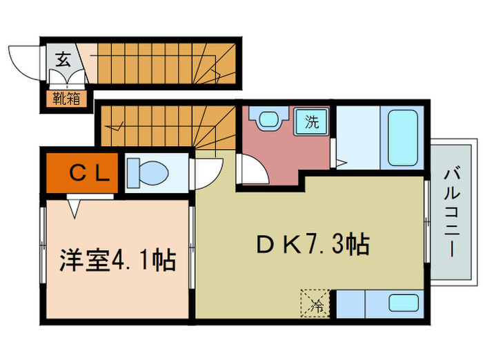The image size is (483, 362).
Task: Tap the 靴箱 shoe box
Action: click(67, 99)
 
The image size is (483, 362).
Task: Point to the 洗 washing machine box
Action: click(312, 123)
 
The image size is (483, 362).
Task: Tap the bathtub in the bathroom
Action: click(402, 137)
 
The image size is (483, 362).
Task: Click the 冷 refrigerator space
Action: click(317, 302)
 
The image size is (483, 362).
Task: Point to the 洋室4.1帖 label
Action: click(117, 261)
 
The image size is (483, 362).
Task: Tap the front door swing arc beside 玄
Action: click(25, 61)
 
